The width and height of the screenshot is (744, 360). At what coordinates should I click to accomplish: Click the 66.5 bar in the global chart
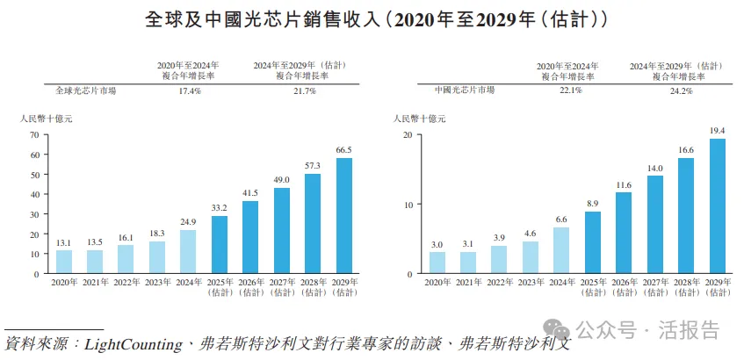tap(344, 215)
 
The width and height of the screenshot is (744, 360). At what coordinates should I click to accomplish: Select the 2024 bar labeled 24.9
tap(187, 251)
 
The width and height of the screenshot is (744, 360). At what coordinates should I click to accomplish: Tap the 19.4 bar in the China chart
tap(718, 205)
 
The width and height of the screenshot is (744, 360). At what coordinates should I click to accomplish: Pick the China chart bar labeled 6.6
tap(561, 250)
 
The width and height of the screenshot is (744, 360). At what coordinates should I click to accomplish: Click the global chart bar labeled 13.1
tap(63, 262)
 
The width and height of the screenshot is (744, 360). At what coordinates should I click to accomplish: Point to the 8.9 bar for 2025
tap(593, 242)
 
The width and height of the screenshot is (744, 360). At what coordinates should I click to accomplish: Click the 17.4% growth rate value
tap(190, 90)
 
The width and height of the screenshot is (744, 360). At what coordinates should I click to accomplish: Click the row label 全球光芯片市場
tap(85, 90)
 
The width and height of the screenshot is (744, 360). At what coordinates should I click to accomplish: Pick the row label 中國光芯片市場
tap(465, 90)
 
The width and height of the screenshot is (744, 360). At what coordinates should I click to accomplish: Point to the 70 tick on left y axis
tap(34, 134)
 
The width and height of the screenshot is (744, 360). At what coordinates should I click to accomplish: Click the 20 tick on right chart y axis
tap(407, 134)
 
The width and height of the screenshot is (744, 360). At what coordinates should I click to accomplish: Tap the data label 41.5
tap(250, 192)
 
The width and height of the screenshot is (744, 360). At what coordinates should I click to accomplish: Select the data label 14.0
tap(655, 168)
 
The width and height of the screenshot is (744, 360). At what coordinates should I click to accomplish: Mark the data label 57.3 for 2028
tap(314, 165)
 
